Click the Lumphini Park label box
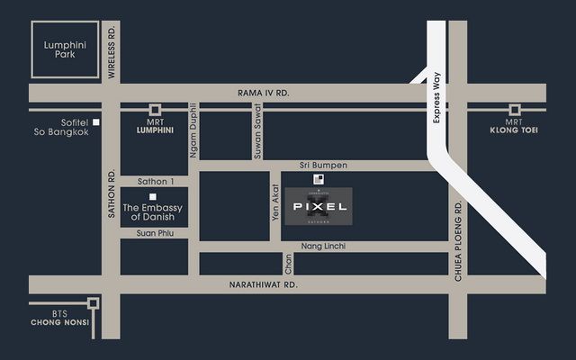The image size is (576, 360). [x=62, y=49]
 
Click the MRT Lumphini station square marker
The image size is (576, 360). [x=155, y=109]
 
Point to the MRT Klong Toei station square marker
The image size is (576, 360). [x=514, y=109]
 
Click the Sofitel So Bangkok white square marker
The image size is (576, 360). [x=94, y=121]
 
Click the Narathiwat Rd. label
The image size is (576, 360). [x=267, y=284]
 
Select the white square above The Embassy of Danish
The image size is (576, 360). [x=153, y=196]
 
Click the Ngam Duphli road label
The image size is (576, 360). [x=193, y=131]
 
